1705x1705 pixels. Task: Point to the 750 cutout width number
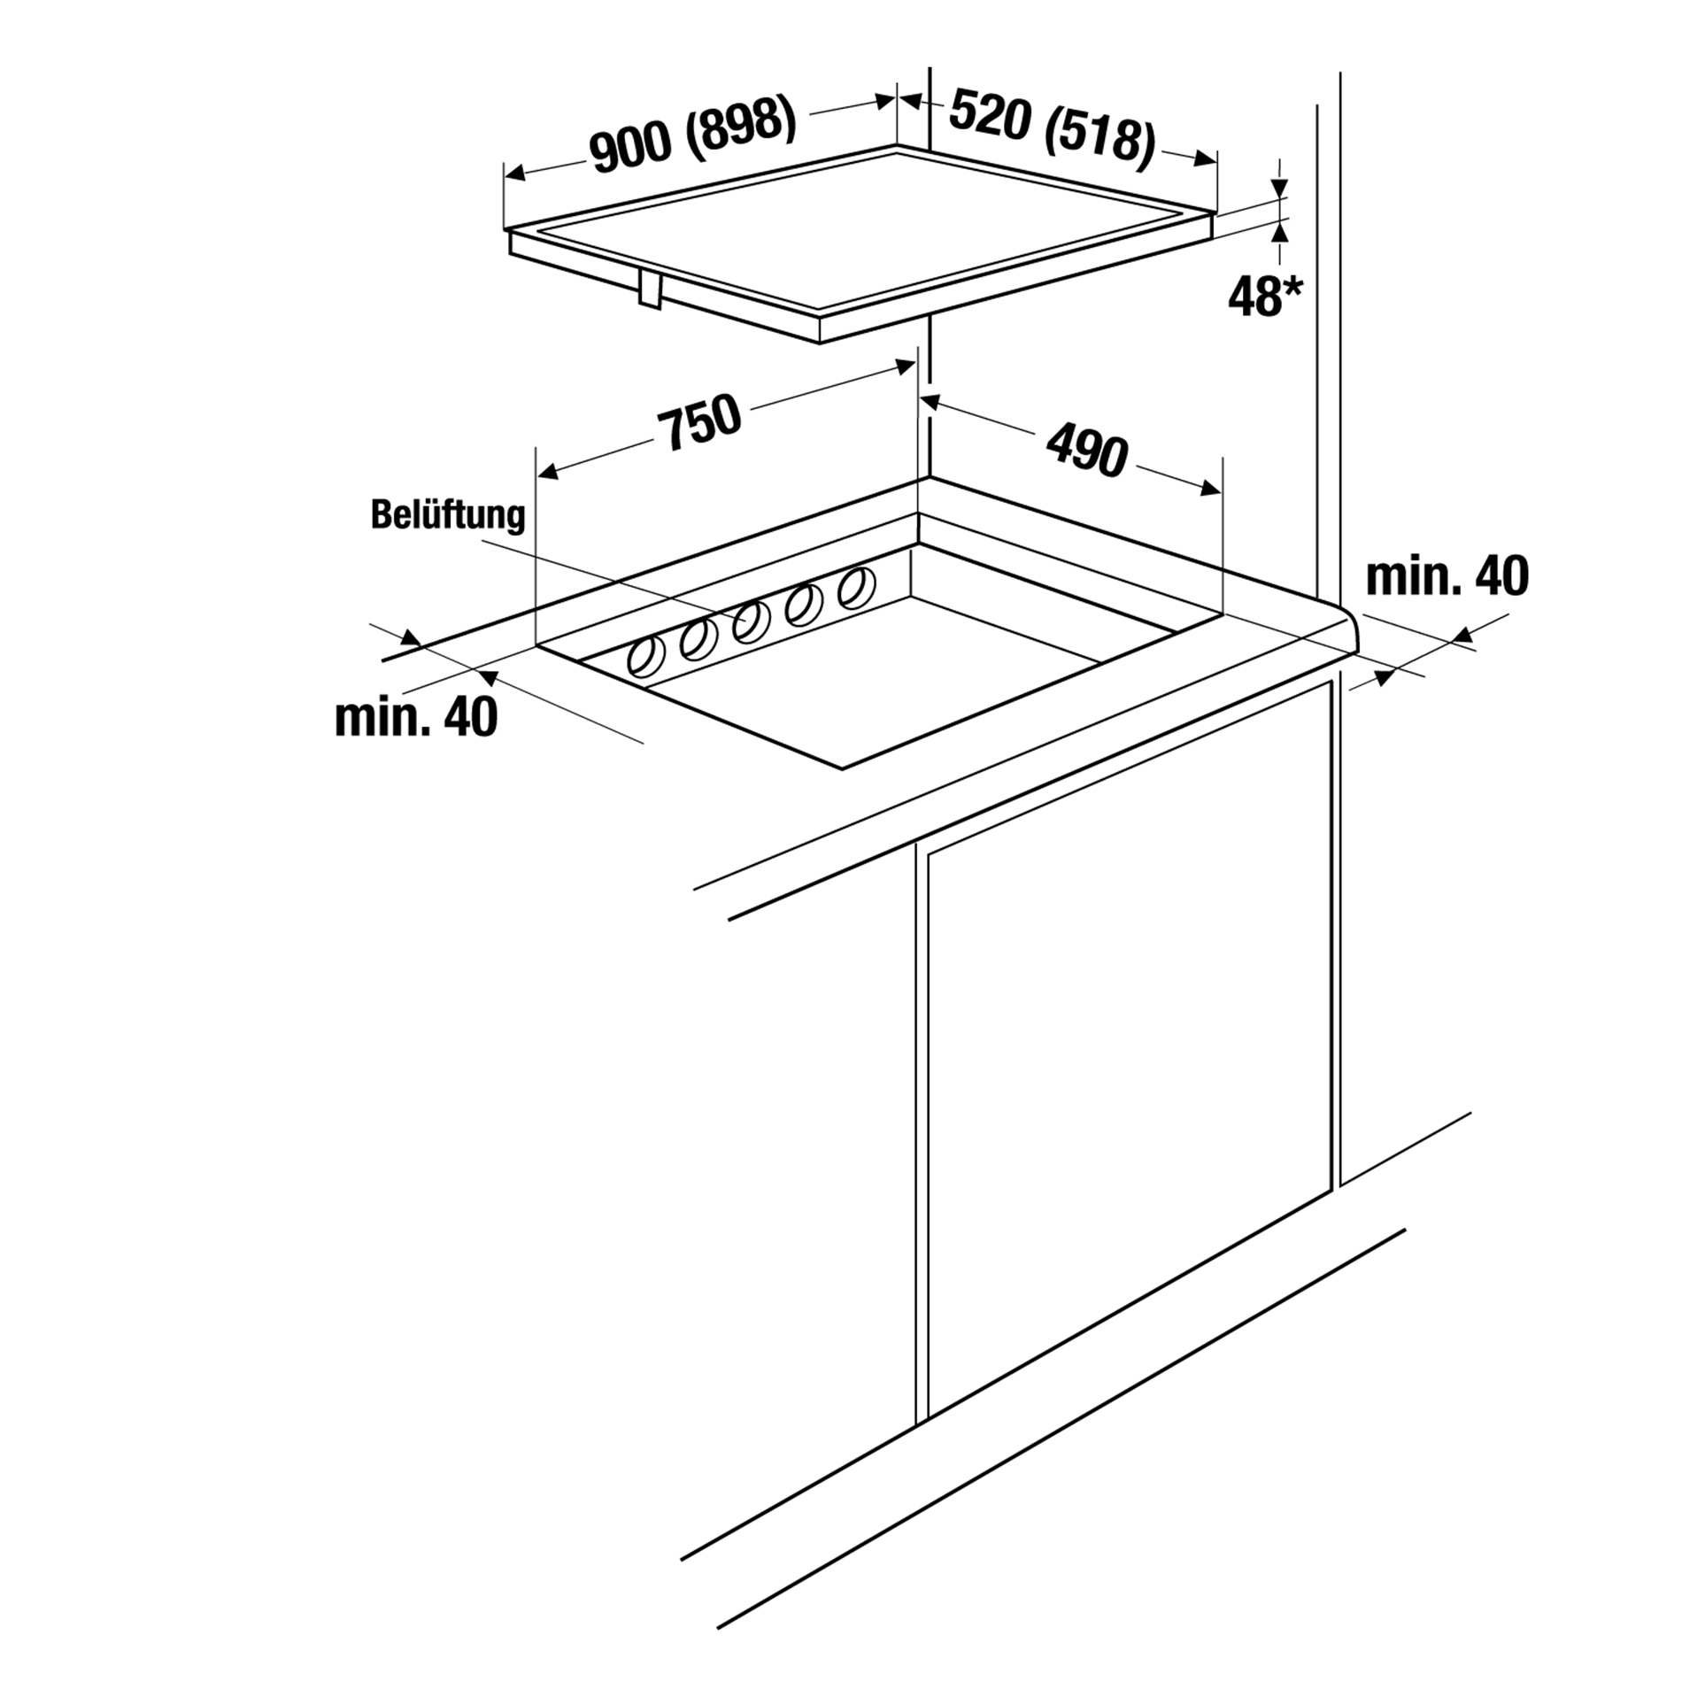coord(699,422)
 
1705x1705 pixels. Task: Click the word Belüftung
coord(448,515)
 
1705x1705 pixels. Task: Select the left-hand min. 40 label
coord(416,717)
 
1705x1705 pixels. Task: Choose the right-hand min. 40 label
coord(1447,576)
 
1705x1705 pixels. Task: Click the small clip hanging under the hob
coord(651,289)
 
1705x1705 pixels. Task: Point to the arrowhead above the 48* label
coord(1280,188)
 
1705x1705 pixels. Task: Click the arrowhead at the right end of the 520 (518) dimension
coord(1207,159)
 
